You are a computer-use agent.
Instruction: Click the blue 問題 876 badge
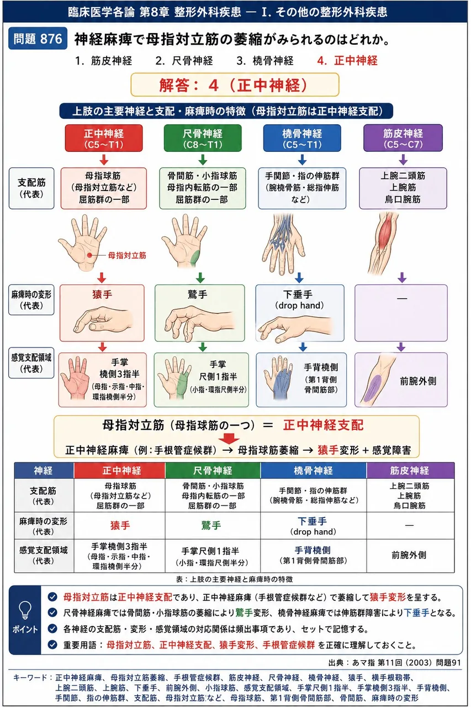[38, 39]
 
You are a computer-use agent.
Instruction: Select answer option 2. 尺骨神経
[184, 61]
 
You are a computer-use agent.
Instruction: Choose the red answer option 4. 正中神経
[347, 61]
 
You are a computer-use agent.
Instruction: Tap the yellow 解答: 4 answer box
[235, 85]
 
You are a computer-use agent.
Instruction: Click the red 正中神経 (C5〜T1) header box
[104, 138]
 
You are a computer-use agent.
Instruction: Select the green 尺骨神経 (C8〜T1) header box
[203, 138]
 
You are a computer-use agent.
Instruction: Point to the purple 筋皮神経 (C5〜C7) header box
[403, 138]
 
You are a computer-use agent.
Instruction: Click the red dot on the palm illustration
[89, 255]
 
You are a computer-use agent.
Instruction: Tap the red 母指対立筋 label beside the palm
[127, 255]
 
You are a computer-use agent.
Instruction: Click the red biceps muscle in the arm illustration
[385, 233]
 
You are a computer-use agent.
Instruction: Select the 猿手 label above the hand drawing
[102, 294]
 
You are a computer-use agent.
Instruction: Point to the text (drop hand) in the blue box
[299, 305]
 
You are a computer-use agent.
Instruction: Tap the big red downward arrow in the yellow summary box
[229, 439]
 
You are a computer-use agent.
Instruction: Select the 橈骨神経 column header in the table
[313, 471]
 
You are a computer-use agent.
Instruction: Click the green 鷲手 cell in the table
[211, 525]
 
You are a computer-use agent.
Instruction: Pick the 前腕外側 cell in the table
[409, 555]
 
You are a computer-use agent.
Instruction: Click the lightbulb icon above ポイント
[25, 610]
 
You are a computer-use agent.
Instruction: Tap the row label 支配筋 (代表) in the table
[43, 496]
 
